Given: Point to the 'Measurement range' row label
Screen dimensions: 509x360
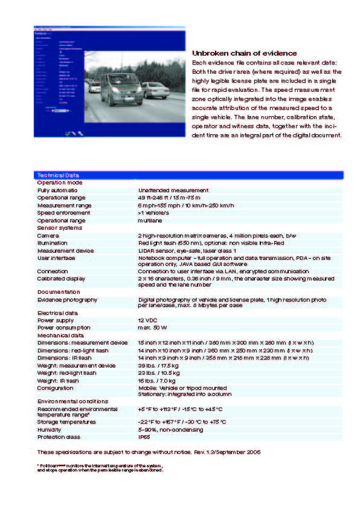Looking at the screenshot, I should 64,206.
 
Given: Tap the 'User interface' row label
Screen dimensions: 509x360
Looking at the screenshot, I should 56,258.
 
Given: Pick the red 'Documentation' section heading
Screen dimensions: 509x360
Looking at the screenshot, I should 59,292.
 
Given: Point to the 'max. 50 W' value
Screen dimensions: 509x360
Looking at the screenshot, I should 152,328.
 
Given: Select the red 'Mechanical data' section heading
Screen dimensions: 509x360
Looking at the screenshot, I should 60,335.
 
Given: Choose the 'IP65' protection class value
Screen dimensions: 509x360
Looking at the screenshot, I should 144,436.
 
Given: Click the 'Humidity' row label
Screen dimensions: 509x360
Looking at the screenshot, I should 50,429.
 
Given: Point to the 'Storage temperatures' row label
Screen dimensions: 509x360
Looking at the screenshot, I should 66,422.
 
